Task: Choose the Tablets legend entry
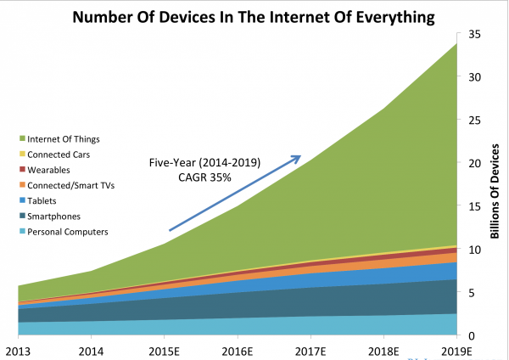click(x=44, y=200)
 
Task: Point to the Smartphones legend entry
click(x=55, y=216)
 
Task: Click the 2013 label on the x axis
click(x=19, y=350)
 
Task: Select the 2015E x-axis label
click(x=165, y=350)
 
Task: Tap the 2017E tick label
click(x=310, y=350)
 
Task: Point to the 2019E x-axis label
click(x=456, y=350)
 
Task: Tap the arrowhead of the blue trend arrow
click(x=299, y=157)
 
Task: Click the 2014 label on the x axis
click(x=92, y=350)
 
